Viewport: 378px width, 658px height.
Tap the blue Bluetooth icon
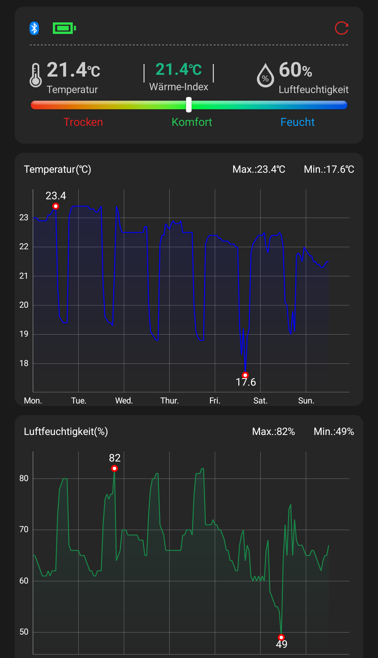34,28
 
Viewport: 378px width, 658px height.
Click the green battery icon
64,28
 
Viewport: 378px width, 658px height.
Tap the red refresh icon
342,28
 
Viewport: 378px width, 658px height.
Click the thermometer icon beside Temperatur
35,75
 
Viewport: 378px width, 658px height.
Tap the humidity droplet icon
265,75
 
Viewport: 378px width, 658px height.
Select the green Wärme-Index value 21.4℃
178,69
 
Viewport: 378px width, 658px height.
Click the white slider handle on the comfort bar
189,105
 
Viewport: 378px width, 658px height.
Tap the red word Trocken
83,122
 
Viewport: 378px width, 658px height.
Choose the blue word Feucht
297,122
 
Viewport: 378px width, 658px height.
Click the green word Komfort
192,122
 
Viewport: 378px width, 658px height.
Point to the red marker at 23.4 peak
56,206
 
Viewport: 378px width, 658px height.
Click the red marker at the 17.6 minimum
245,375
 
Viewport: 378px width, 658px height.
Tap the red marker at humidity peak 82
114,469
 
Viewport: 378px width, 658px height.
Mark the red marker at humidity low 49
281,637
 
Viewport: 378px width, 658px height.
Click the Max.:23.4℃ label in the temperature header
259,169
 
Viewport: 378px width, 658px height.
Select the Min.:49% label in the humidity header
334,431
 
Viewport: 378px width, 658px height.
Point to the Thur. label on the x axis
169,401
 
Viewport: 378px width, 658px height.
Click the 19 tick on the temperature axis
24,334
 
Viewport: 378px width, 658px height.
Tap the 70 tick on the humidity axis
24,529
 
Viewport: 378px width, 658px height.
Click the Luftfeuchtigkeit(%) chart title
66,431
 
